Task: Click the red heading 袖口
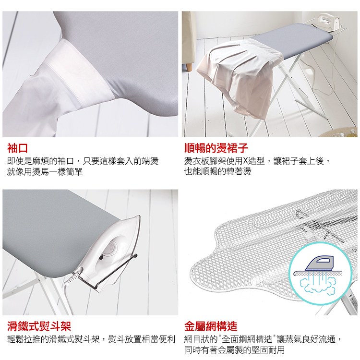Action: tap(17, 148)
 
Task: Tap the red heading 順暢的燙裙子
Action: tap(216, 148)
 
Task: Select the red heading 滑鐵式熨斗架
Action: tap(39, 326)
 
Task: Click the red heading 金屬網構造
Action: tap(211, 326)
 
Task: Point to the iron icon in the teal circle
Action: tap(320, 264)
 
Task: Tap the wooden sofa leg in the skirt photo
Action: tap(189, 67)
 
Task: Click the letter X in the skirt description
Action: tap(245, 161)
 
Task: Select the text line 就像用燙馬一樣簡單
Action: tap(45, 172)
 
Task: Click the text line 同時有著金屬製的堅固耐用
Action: tap(234, 350)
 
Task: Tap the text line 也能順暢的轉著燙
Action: tap(217, 171)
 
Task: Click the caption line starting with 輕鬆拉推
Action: tap(91, 339)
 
